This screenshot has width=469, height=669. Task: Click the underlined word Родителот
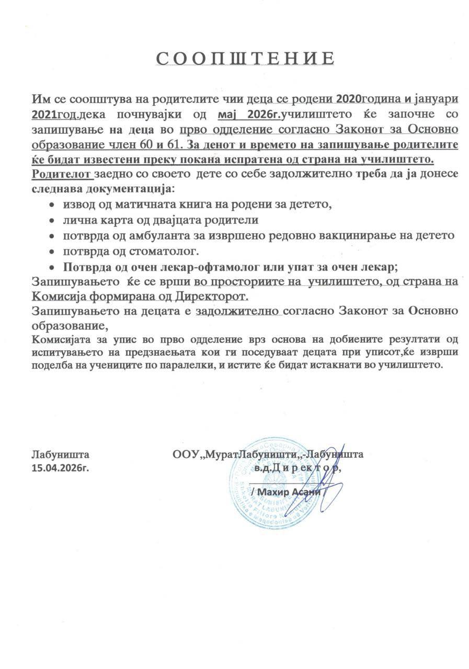(62, 174)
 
